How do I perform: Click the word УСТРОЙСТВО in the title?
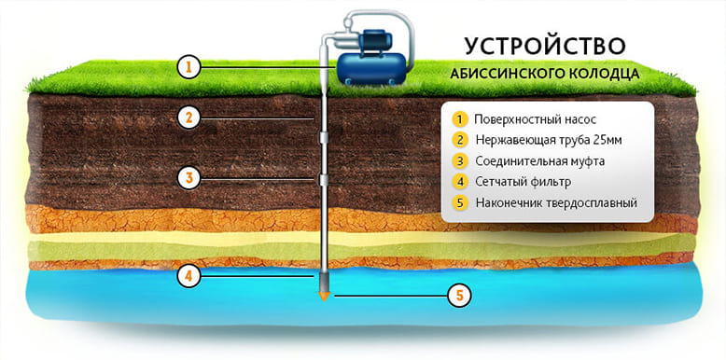[545, 46]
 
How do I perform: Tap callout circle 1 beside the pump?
[188, 68]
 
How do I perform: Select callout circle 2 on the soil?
[188, 118]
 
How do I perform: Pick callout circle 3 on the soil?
[188, 179]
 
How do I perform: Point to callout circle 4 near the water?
[188, 276]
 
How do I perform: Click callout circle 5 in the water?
[459, 296]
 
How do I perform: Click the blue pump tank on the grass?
[370, 68]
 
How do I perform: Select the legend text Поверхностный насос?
[535, 119]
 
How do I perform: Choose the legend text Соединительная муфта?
[540, 161]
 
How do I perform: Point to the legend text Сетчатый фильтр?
[524, 182]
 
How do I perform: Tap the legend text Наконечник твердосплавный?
[556, 203]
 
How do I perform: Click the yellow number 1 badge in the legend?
[459, 119]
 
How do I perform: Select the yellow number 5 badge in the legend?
[459, 203]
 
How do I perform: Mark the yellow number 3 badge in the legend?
[459, 161]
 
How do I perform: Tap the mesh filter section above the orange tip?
[325, 282]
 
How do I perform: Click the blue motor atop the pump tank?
[374, 41]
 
